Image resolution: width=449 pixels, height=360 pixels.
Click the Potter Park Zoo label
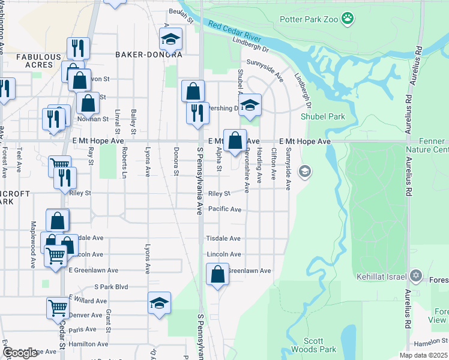tap(308, 19)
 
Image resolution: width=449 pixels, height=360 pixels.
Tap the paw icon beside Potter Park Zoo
tap(348, 19)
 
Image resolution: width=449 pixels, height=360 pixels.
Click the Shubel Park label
tap(323, 116)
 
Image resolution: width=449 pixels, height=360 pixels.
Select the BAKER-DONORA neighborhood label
tap(149, 54)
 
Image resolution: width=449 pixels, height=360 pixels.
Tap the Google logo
tap(20, 353)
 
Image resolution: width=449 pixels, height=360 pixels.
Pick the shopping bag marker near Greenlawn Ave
tap(218, 274)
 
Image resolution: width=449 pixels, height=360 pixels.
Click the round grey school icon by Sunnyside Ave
tap(305, 172)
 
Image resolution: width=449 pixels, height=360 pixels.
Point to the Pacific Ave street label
tap(224, 209)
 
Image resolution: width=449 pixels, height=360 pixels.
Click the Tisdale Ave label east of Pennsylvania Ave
tap(223, 238)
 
